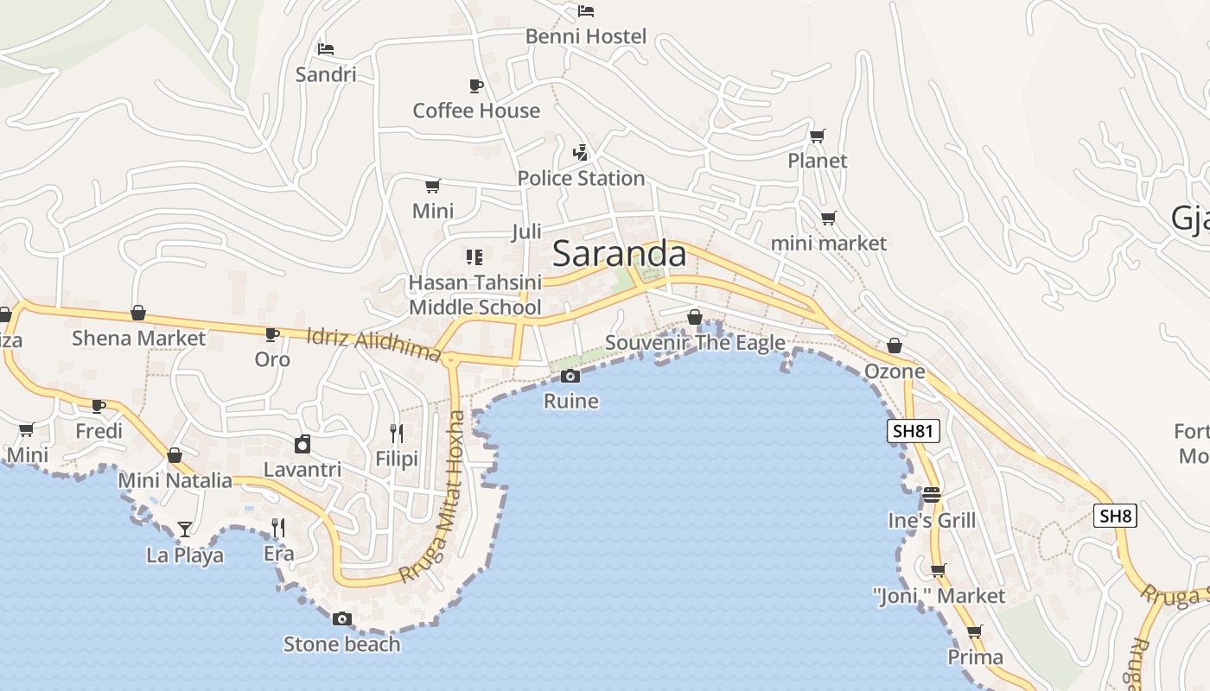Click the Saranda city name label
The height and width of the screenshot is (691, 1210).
tap(619, 254)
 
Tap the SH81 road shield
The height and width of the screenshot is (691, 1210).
tap(913, 430)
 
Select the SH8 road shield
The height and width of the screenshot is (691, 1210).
tap(1114, 516)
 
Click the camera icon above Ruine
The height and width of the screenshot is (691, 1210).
tap(570, 376)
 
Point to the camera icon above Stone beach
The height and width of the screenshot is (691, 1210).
tap(342, 618)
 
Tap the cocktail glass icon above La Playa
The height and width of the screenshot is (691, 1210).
tap(184, 529)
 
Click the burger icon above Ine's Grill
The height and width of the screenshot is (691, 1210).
tap(931, 495)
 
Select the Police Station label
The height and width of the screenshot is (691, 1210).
tap(581, 178)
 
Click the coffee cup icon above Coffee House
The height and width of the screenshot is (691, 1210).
tap(475, 86)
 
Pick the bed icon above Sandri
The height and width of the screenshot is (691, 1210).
tap(325, 48)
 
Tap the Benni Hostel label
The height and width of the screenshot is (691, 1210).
tap(586, 36)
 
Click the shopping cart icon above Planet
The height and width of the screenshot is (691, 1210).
tap(817, 136)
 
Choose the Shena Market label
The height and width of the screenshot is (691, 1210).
tap(138, 338)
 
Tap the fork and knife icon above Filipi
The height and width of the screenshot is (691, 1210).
tap(397, 433)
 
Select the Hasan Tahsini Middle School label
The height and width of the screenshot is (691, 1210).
tap(474, 295)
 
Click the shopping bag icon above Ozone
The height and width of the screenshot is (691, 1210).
tap(895, 346)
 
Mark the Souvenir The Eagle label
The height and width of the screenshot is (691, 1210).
tap(695, 342)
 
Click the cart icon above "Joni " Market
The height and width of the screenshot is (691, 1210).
tap(938, 570)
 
